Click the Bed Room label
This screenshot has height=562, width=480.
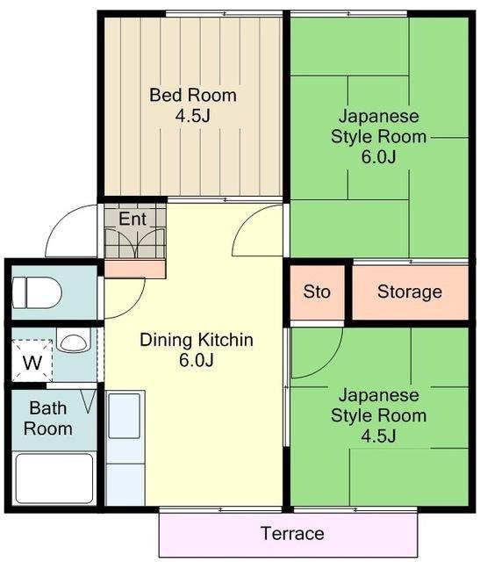pos(193,95)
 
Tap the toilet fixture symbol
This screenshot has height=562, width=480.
pos(36,292)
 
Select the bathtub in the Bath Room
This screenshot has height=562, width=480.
pos(54,479)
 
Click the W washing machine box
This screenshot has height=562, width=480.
pos(32,361)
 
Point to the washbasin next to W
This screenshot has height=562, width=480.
pos(74,342)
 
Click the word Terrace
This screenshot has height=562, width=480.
pos(293,533)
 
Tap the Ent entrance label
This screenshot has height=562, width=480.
pos(133,219)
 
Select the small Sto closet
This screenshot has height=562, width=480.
pos(317,292)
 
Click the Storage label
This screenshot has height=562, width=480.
pos(410,292)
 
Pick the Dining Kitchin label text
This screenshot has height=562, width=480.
pos(197,340)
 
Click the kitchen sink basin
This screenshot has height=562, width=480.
pos(124,415)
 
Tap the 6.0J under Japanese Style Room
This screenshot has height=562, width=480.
pos(378,157)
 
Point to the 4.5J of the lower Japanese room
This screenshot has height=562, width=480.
pos(378,436)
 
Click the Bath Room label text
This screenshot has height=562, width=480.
pos(48,418)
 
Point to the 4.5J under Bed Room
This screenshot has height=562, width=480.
pos(193,115)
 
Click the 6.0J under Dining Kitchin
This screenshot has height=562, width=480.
pos(197,360)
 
